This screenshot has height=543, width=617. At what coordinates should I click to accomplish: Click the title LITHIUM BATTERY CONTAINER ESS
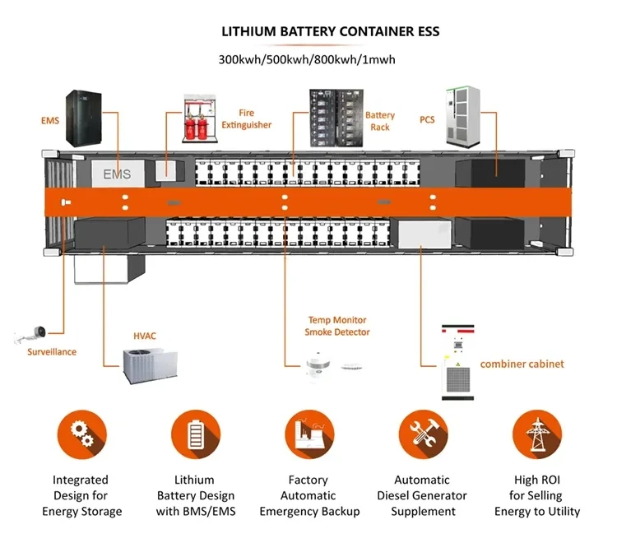tap(331, 32)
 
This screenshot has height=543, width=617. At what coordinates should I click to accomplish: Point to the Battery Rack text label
tap(380, 122)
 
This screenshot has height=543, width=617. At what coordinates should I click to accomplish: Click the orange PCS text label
tap(427, 120)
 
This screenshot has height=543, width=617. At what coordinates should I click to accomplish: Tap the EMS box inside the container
tap(117, 174)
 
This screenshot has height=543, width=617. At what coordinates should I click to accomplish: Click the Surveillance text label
tap(51, 352)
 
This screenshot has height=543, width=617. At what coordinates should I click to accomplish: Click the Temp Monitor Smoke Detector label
tap(337, 326)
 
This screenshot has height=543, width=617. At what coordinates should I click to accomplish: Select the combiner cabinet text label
tap(522, 364)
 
